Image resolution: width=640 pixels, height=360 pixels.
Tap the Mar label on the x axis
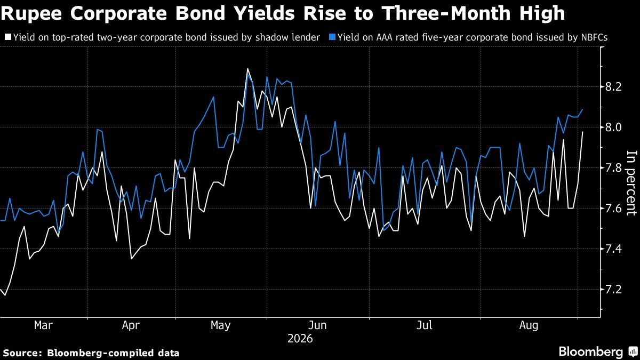(x=43, y=325)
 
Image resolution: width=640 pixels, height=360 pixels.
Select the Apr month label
(x=131, y=326)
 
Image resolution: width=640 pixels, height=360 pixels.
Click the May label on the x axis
(x=221, y=326)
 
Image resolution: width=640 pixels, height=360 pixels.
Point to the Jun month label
(x=317, y=325)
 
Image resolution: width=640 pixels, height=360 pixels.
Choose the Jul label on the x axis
(x=425, y=325)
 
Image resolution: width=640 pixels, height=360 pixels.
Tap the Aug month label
(x=529, y=326)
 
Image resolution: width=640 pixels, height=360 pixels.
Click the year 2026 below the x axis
(x=300, y=339)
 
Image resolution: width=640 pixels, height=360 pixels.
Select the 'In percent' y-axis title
(x=631, y=183)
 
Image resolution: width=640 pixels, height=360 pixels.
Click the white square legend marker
(x=9, y=37)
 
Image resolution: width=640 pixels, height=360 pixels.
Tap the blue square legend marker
(x=332, y=37)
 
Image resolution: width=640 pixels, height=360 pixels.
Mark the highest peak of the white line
(x=247, y=69)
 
